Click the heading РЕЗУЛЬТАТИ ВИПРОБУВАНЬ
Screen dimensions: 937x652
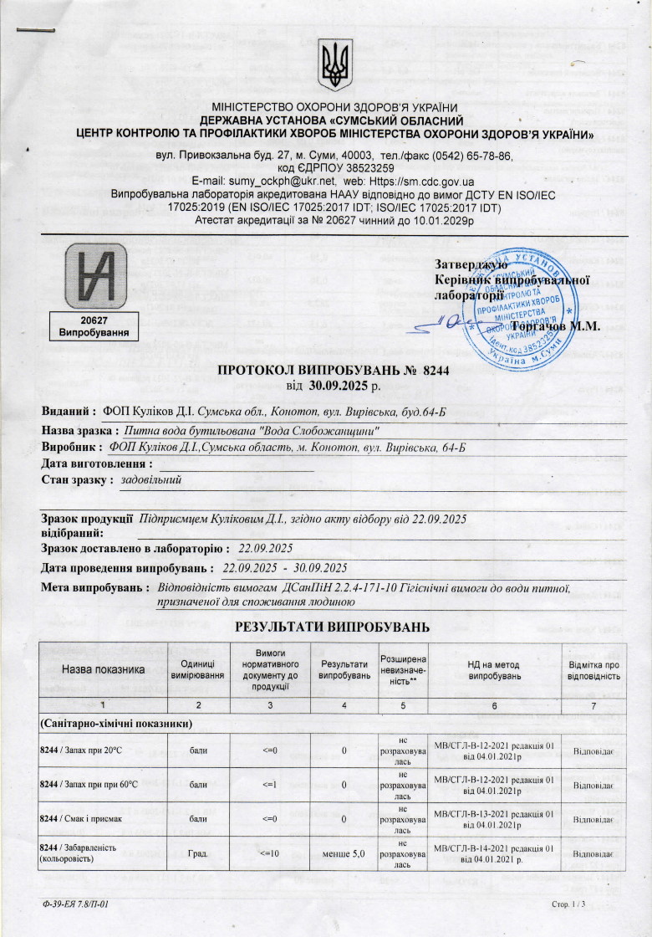(x=332, y=627)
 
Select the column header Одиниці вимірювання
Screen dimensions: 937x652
(x=198, y=668)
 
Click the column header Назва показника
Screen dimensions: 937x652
(x=104, y=669)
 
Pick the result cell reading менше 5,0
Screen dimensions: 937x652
(x=344, y=853)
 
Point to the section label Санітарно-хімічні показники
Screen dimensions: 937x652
(x=116, y=722)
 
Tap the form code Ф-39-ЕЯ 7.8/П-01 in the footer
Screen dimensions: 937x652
(x=75, y=904)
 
